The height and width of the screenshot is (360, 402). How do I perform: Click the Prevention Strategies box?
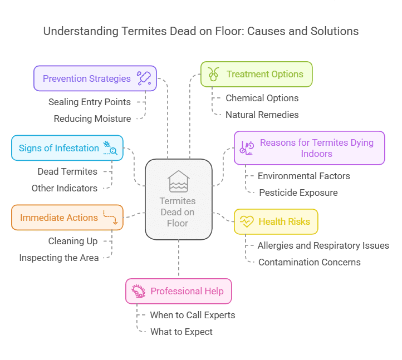click(x=95, y=78)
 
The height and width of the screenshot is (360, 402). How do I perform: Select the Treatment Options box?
click(x=256, y=75)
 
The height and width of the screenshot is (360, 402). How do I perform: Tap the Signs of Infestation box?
click(x=67, y=148)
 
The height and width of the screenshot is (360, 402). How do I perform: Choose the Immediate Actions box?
click(x=67, y=218)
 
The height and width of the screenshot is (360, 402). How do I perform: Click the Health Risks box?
click(x=276, y=221)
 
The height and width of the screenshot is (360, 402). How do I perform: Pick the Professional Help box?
click(x=178, y=291)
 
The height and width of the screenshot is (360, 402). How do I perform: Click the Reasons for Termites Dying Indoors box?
click(x=309, y=148)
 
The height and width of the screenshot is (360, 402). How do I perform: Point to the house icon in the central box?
click(x=178, y=181)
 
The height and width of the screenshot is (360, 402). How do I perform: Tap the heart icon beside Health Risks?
click(x=246, y=221)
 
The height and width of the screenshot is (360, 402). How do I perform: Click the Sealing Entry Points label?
click(x=90, y=102)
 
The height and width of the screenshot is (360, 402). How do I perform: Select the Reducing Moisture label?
click(x=92, y=119)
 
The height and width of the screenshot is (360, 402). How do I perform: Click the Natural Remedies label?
click(x=262, y=115)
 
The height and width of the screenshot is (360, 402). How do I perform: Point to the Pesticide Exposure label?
click(x=298, y=193)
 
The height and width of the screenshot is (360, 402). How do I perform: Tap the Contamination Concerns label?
click(x=309, y=262)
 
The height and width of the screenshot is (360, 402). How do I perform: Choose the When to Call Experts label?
click(x=192, y=315)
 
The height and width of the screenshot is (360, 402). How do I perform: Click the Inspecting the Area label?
click(x=59, y=258)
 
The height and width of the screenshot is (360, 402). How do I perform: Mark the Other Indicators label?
click(x=65, y=188)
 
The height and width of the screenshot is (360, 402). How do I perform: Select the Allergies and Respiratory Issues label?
click(x=323, y=245)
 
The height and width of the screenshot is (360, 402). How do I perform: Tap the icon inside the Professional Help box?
click(x=138, y=291)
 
